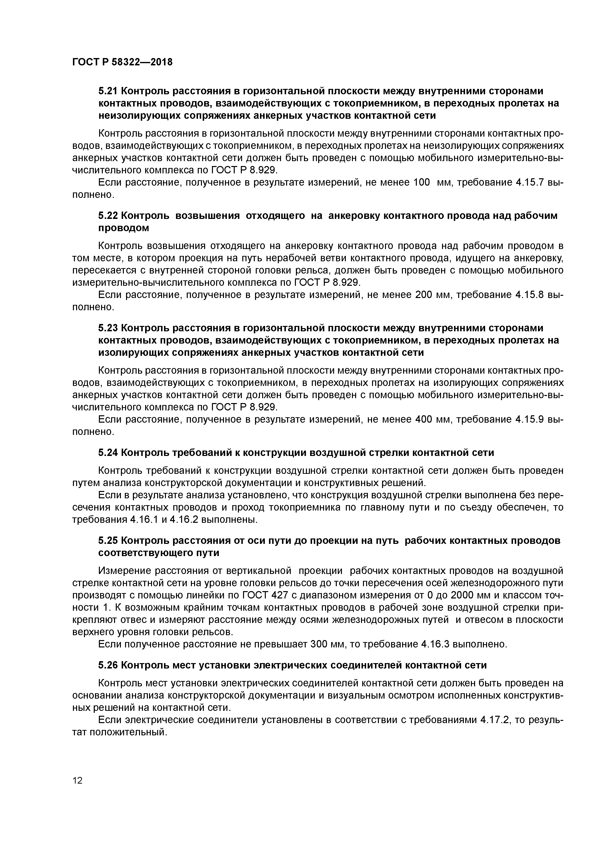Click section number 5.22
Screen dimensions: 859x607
(108, 216)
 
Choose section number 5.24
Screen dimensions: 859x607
(108, 453)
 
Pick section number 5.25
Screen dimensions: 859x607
(108, 541)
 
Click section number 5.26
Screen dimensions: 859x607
(108, 665)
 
